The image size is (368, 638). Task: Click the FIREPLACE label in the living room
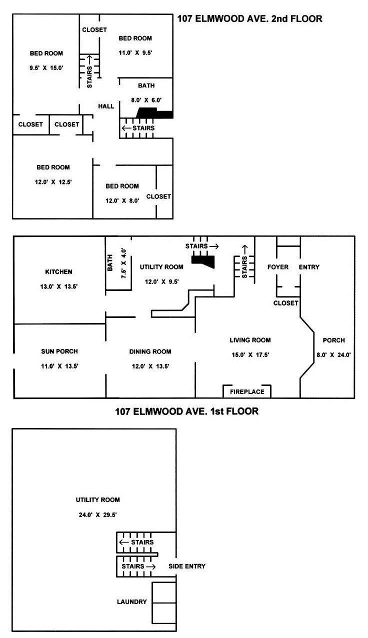[247, 391]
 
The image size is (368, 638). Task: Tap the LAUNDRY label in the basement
[132, 602]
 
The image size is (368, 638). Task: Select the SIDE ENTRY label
[187, 566]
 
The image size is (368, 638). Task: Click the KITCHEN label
[59, 272]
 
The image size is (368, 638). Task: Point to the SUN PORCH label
[59, 351]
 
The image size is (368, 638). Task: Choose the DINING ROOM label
[150, 351]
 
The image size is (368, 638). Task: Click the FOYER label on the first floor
[277, 267]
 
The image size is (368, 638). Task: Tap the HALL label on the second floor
[106, 106]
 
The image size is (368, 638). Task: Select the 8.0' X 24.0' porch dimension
[333, 355]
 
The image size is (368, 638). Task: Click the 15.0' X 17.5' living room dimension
[250, 355]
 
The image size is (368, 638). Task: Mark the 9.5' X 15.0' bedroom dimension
[46, 68]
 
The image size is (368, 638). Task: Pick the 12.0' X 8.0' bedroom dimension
[122, 201]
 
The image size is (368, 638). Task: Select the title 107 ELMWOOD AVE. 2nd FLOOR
[249, 19]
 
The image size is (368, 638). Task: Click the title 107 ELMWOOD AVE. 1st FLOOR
[186, 411]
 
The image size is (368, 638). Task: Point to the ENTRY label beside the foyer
[309, 267]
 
